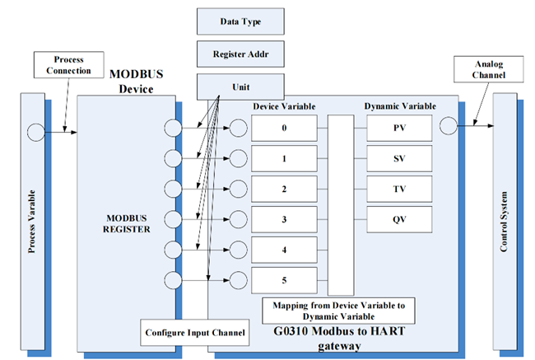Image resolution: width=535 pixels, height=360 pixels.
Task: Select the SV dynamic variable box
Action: point(398,158)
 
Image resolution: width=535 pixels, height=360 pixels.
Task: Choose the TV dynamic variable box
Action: point(398,189)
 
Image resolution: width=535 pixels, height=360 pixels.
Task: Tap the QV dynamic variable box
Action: point(398,219)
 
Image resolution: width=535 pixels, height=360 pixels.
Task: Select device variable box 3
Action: point(284,219)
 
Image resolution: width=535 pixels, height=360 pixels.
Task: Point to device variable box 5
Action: point(284,280)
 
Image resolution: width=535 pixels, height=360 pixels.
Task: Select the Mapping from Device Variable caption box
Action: point(338,311)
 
